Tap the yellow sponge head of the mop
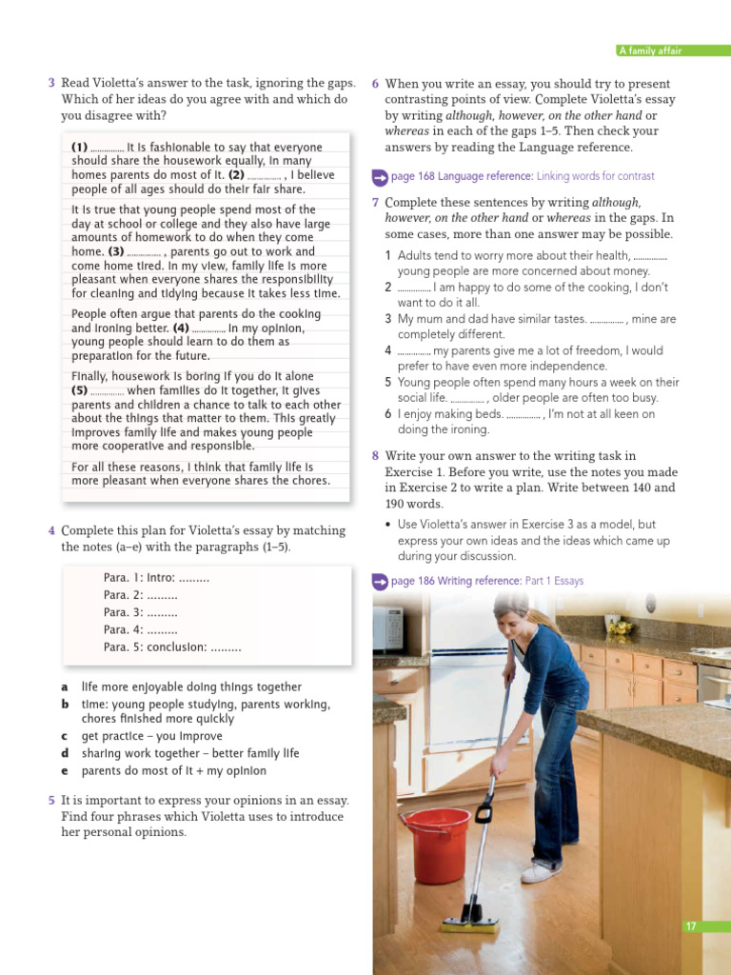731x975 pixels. click(470, 923)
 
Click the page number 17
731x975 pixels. click(692, 925)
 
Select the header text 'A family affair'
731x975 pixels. click(650, 50)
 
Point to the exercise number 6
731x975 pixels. click(376, 84)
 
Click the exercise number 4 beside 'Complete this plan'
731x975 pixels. click(51, 530)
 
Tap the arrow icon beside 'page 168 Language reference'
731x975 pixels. click(379, 177)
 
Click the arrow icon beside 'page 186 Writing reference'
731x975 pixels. click(379, 581)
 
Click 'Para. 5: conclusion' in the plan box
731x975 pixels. click(172, 647)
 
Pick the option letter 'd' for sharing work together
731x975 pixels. click(65, 753)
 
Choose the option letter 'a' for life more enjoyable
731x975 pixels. click(65, 686)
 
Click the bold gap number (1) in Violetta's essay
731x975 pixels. click(80, 148)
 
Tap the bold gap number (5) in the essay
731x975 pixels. click(80, 390)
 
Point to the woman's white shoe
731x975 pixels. click(541, 871)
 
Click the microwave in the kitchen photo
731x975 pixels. click(387, 629)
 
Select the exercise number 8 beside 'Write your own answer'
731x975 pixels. click(376, 456)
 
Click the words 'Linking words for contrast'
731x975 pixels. click(595, 176)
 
